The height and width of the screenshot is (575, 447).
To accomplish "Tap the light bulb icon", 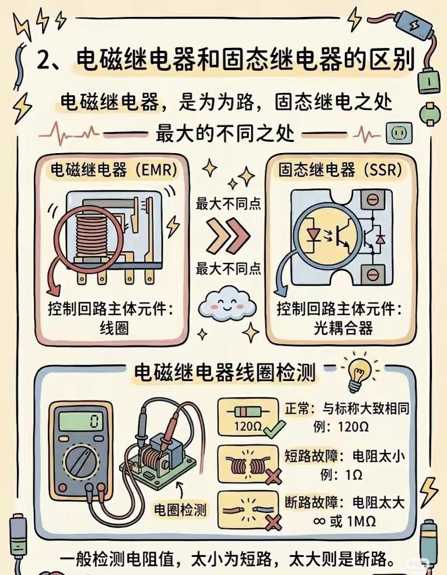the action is coord(359,372).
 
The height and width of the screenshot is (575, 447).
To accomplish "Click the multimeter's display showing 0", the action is coord(81,422).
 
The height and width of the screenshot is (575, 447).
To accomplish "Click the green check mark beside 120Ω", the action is coord(275,429).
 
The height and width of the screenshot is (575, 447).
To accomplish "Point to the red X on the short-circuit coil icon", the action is coord(273,477).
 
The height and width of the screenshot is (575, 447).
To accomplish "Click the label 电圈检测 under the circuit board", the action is coord(180,510).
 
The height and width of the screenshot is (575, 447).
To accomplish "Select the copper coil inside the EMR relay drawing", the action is coord(91,235).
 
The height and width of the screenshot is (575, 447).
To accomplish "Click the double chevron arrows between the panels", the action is coord(228,236).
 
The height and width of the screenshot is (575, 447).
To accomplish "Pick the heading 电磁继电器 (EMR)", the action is coord(114,171).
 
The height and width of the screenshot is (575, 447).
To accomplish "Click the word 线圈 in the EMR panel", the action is coord(114,327).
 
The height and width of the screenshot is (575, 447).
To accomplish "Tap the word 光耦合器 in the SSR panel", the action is coord(343,328).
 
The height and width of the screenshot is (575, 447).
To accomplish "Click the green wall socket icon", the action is coord(399,133).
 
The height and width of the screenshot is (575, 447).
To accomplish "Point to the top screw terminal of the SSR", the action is coord(373,200).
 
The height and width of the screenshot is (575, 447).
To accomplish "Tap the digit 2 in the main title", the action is coord(44,60).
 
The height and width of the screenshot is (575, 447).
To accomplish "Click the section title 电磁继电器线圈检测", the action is coord(225,372).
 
